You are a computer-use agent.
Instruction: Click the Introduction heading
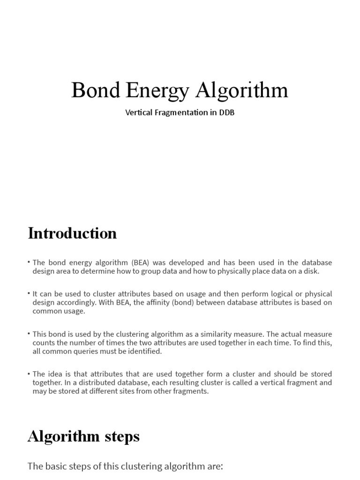tap(72, 233)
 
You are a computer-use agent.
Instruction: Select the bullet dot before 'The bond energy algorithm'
tap(29, 262)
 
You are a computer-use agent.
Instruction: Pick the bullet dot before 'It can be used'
tap(29, 294)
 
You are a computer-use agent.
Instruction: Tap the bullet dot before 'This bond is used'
tap(29, 334)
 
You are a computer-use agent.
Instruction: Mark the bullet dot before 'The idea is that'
tap(29, 374)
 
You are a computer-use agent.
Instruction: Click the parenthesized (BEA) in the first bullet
tap(143, 262)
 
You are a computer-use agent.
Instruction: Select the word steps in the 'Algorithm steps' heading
tap(120, 436)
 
